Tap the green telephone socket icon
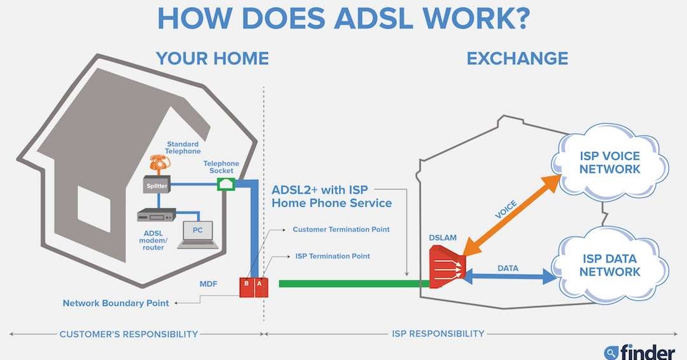point(226,184)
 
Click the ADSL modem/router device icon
point(156,215)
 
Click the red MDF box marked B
point(246,288)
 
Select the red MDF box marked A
point(260,288)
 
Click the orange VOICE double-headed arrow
point(511,216)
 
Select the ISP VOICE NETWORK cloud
point(609,163)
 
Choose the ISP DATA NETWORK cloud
point(609,265)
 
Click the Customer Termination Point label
point(340,229)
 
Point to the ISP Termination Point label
point(332,256)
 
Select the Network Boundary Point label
point(116,303)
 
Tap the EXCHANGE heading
point(517,59)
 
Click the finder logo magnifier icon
point(611,351)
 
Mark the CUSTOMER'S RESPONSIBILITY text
point(128,333)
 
